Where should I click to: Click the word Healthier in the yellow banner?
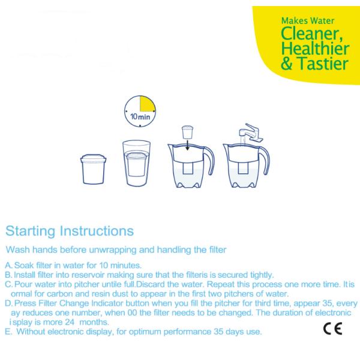pos(314,49)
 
